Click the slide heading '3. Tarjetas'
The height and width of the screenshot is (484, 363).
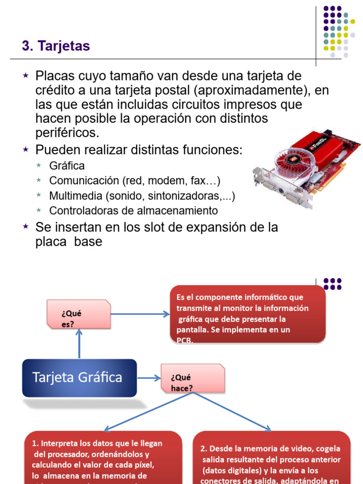(56, 46)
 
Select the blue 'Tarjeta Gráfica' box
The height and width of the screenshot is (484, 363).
(79, 378)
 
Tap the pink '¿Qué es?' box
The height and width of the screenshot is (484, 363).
(78, 314)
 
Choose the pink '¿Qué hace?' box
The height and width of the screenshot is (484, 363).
(192, 378)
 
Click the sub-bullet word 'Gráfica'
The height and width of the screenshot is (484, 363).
(67, 166)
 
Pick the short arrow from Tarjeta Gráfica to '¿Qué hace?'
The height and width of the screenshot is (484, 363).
(149, 378)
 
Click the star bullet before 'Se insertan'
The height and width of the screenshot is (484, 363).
(26, 227)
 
